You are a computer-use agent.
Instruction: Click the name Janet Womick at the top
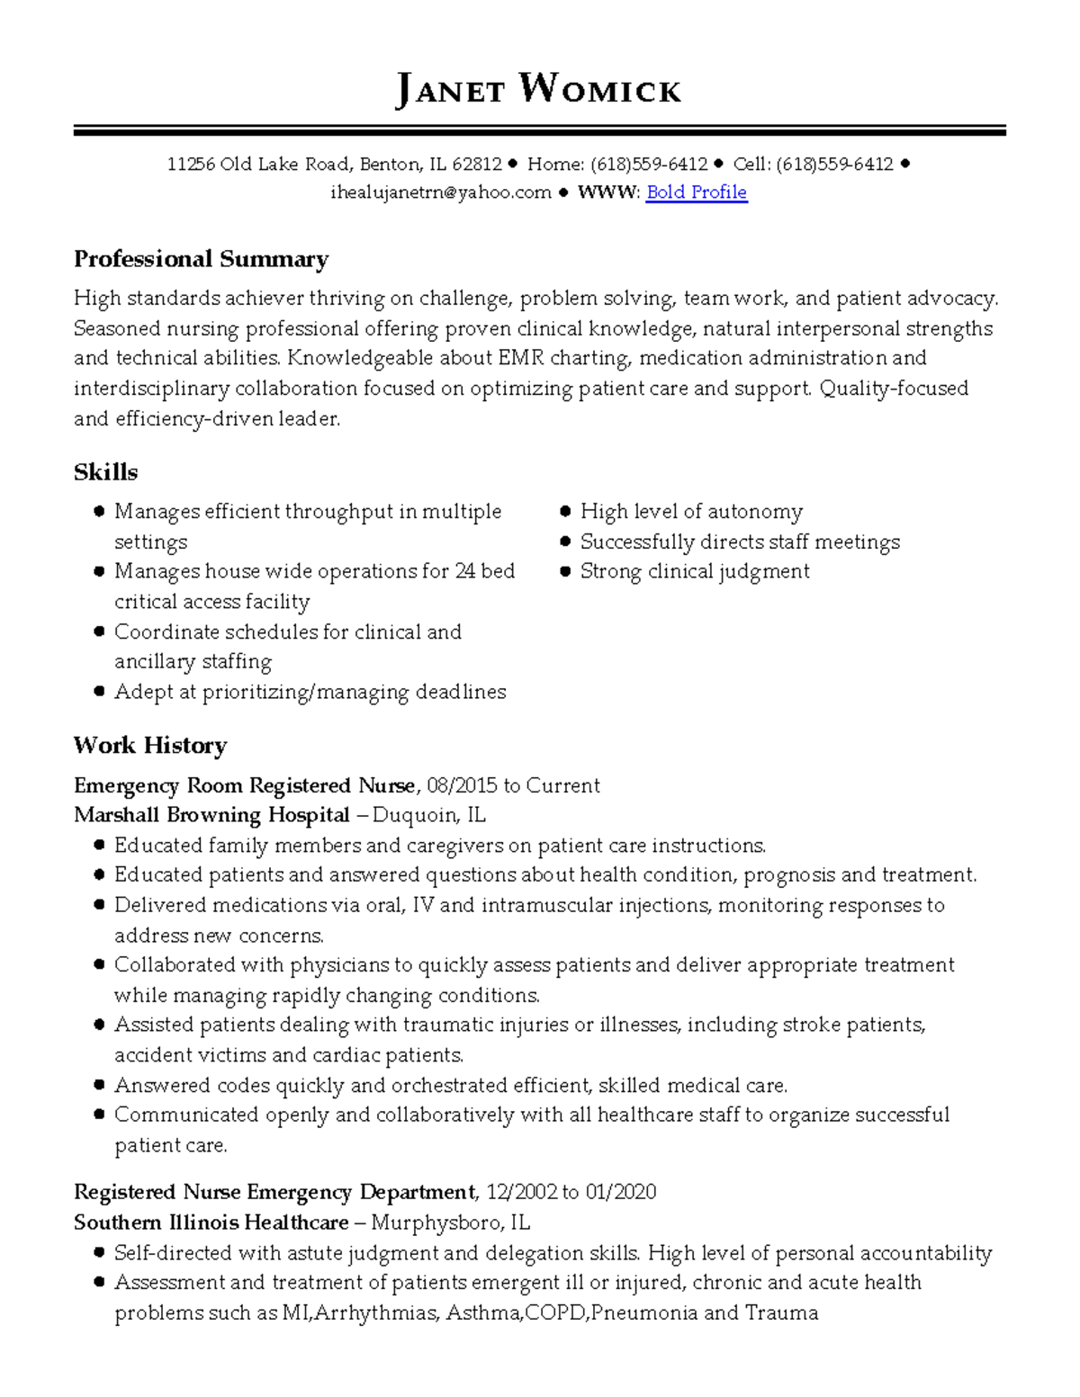[x=538, y=90]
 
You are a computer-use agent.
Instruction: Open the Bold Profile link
[x=697, y=192]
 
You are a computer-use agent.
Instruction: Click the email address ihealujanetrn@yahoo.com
[x=440, y=192]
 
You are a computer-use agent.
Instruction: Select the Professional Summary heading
[x=201, y=259]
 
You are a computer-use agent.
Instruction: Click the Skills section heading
[x=105, y=472]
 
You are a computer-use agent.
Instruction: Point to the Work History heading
[x=150, y=745]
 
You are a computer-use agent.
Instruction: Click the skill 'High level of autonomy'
[x=690, y=512]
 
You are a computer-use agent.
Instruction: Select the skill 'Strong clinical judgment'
[x=694, y=571]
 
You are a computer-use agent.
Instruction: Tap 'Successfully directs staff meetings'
[x=739, y=542]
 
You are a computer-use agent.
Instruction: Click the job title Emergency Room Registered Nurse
[x=244, y=785]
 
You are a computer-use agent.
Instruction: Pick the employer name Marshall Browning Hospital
[x=211, y=815]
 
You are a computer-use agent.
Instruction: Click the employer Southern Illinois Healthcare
[x=211, y=1222]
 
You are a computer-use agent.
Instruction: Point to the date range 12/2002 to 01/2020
[x=571, y=1192]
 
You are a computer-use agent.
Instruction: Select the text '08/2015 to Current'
[x=513, y=785]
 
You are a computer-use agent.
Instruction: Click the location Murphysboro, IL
[x=450, y=1222]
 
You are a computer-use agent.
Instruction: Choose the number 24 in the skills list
[x=465, y=571]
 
